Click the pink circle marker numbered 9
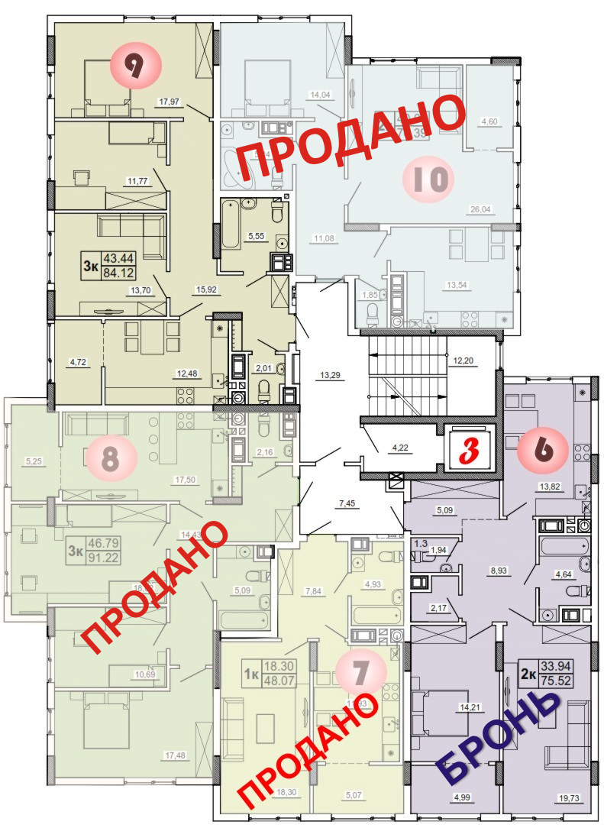[x=137, y=66]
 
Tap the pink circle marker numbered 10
[x=428, y=179]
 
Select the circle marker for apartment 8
[x=110, y=459]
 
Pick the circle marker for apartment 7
[x=361, y=673]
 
